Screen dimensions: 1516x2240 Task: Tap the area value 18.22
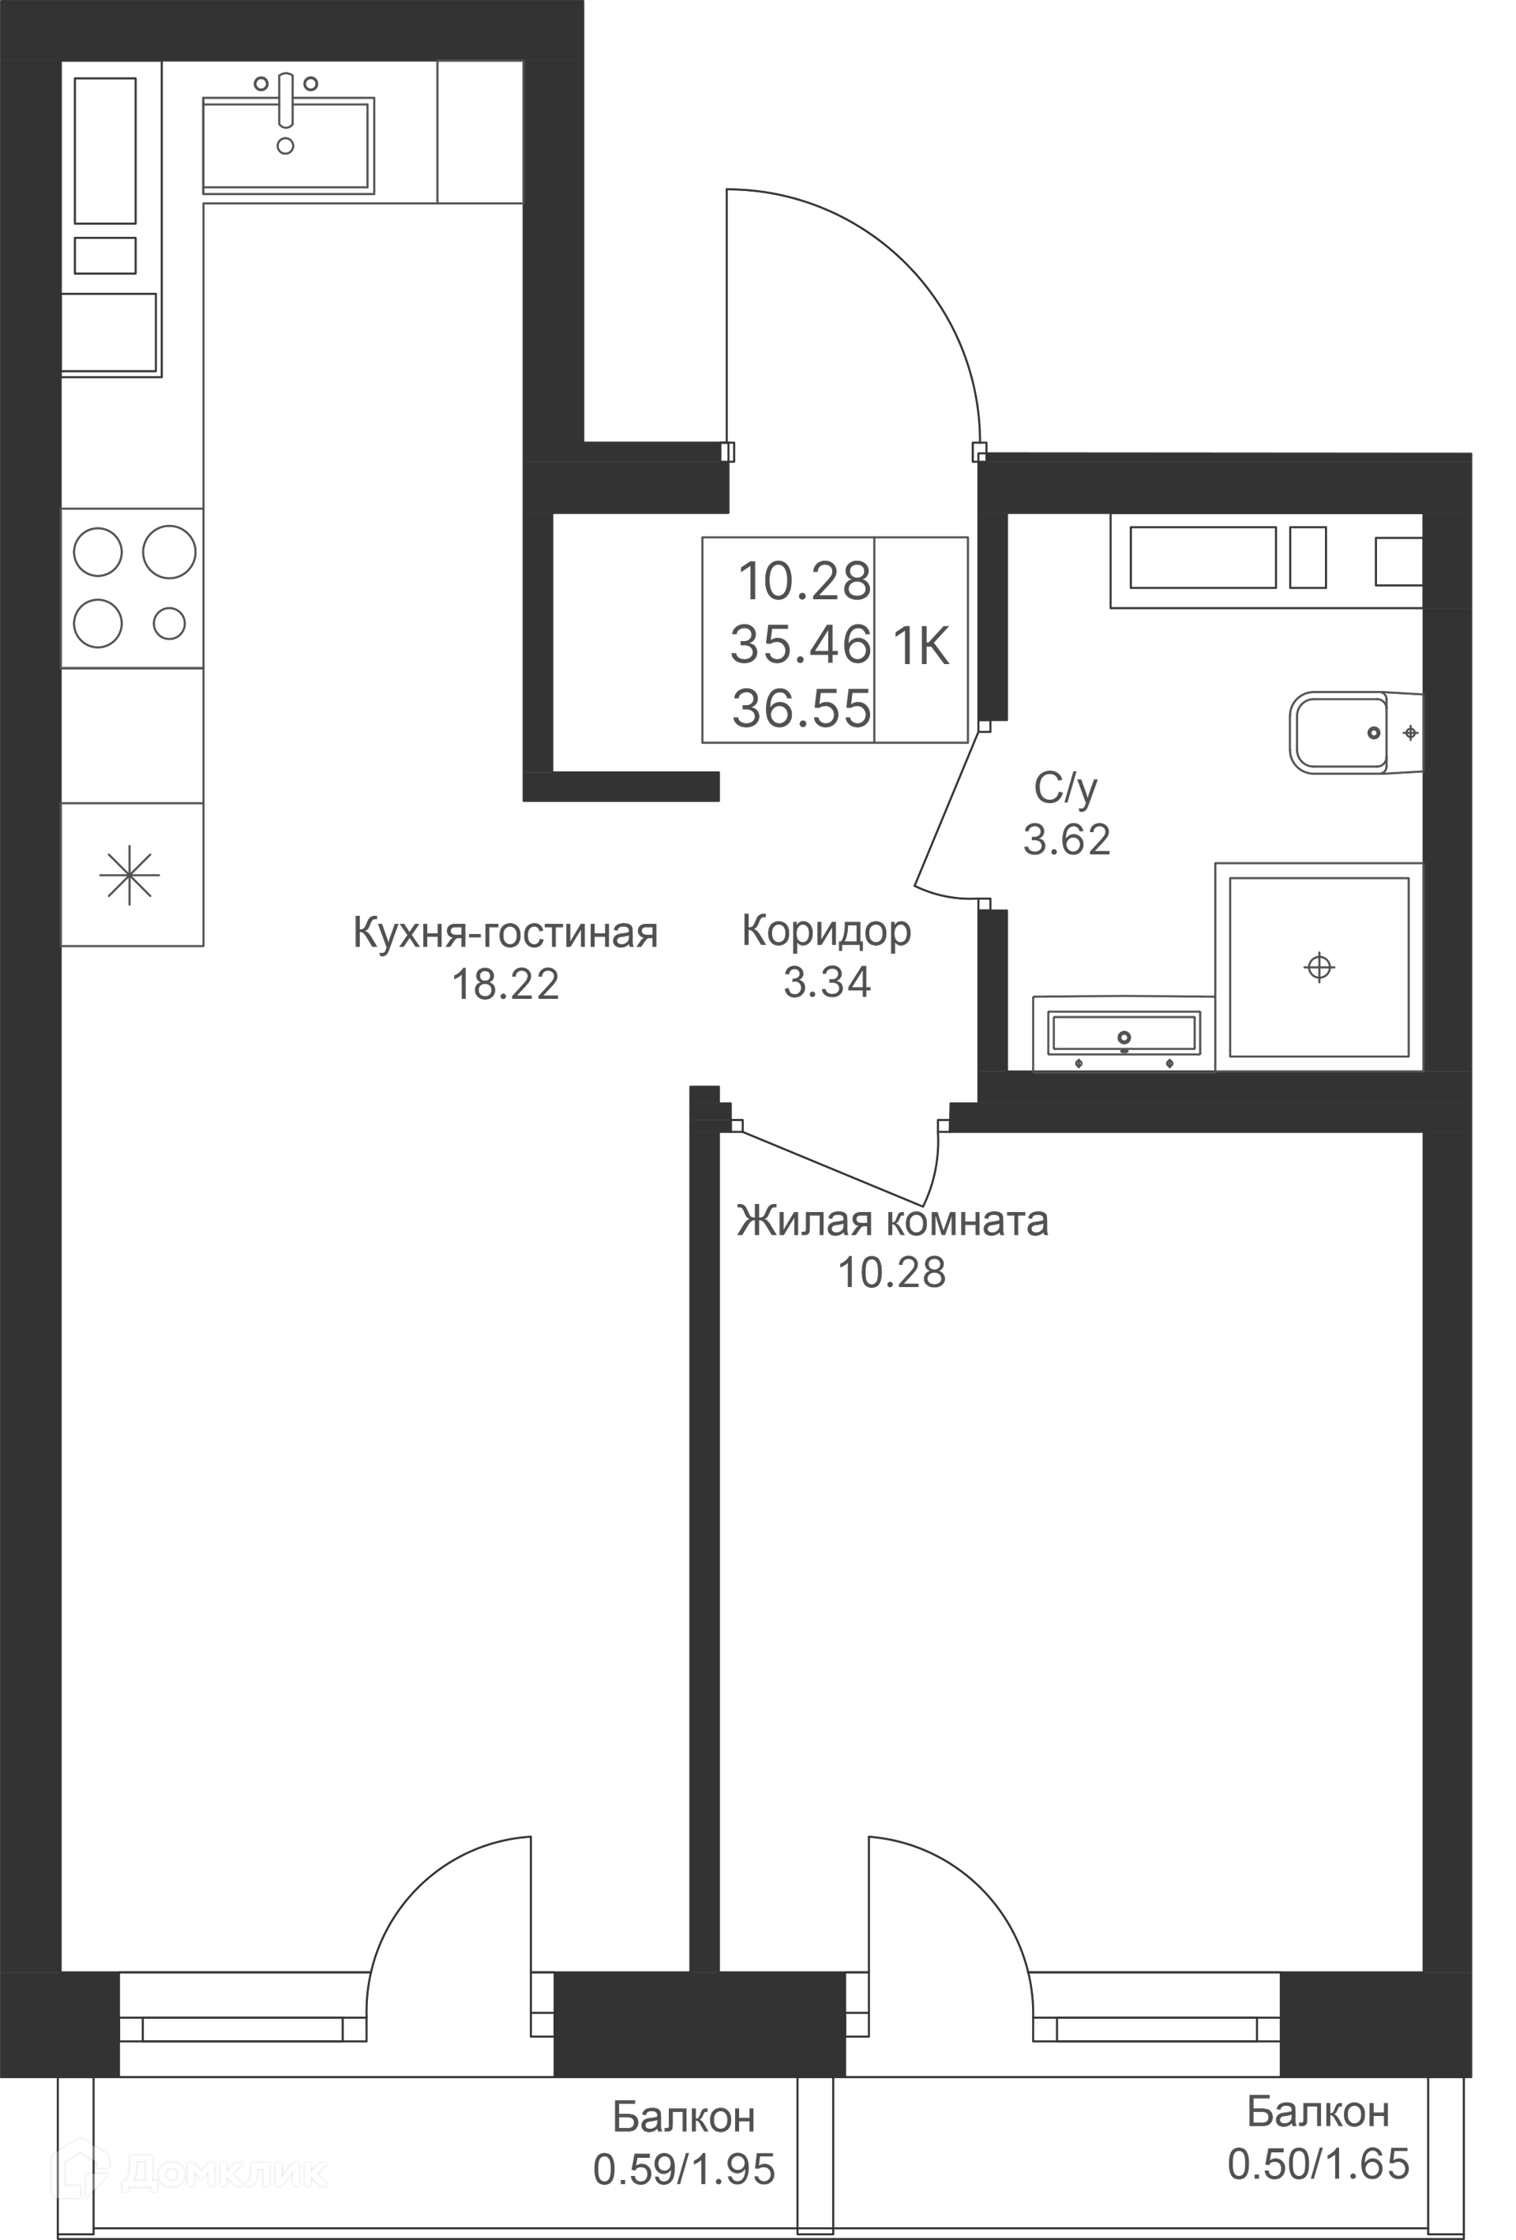505,984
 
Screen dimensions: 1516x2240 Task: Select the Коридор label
826,932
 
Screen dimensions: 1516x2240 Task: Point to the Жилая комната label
892,1221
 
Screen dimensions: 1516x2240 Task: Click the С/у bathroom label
1065,790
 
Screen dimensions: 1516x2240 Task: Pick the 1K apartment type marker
921,646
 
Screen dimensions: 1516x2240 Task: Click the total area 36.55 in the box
802,708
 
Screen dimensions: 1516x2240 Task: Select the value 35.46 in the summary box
801,645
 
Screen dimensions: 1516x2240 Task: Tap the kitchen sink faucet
285,99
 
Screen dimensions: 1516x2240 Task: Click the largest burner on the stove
170,552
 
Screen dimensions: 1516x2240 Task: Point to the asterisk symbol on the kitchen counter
130,875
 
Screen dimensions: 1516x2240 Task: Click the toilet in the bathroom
1355,733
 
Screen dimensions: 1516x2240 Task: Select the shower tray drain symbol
1319,966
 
